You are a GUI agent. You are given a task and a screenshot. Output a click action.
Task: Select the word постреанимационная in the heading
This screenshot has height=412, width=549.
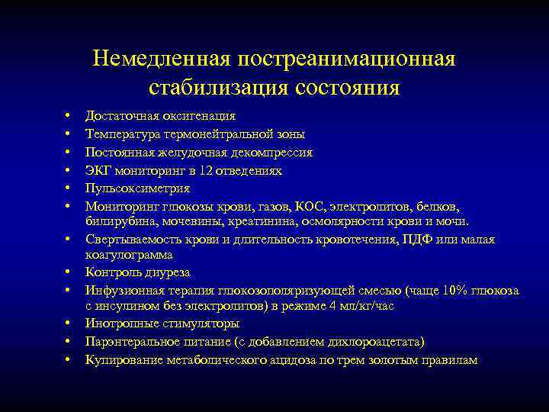(347, 60)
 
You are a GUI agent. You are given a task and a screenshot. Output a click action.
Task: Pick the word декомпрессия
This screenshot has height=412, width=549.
(271, 153)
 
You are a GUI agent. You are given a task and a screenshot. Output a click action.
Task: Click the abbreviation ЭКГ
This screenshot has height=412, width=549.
(98, 171)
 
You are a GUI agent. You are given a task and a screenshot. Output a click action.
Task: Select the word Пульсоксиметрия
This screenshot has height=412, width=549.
(138, 188)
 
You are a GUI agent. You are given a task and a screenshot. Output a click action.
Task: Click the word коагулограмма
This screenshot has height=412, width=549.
(129, 255)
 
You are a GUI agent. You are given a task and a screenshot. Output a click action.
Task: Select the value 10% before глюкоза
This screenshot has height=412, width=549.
(460, 291)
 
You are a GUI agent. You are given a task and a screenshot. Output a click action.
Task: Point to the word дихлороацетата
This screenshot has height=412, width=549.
(375, 342)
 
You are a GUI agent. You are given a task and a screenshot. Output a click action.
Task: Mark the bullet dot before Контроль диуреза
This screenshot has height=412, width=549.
(68, 272)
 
